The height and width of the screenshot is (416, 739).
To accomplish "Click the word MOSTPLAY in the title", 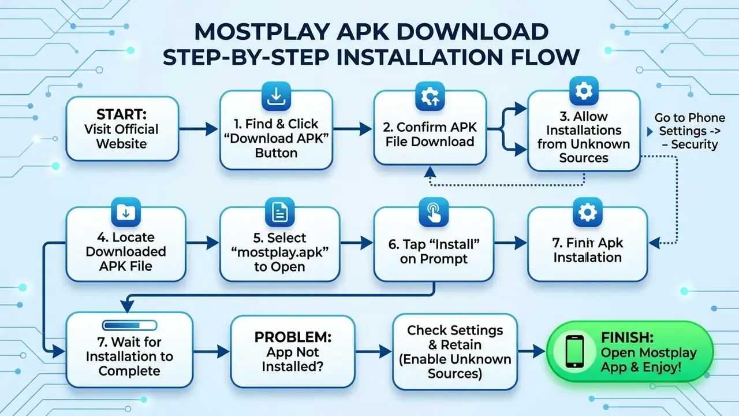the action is coord(262,32).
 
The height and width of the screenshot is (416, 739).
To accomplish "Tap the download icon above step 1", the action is coord(276,96).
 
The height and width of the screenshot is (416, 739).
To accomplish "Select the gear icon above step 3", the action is coord(584,91).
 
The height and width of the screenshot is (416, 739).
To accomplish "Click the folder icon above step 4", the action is coord(126,212).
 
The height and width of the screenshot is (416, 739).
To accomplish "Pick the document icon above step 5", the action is coord(280,212).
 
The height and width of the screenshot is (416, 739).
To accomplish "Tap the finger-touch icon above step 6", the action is coord(434,212).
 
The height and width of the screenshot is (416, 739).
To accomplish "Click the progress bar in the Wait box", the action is coord(129,325).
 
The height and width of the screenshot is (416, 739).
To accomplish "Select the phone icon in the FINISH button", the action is coord(574,351).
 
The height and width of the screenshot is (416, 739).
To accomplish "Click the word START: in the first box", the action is coord(121,114).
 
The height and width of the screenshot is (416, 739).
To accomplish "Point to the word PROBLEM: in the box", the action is coord(293,337).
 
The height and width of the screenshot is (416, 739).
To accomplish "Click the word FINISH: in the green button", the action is coord(627,338).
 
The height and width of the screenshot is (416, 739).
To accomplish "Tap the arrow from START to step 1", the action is coord(199,129).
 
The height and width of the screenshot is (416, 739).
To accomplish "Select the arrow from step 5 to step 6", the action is coord(357,243).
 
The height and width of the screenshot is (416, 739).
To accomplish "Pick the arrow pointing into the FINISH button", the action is coord(532,351).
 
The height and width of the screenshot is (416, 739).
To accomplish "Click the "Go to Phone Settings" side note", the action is coord(690,131).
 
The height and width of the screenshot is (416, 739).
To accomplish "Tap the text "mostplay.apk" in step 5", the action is coord(280,252).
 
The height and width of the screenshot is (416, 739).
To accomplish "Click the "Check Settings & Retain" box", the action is coord(455,352).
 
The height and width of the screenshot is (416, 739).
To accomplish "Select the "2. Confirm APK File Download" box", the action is coord(430,128).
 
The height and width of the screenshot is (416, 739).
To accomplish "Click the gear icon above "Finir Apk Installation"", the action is coord(588,212).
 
